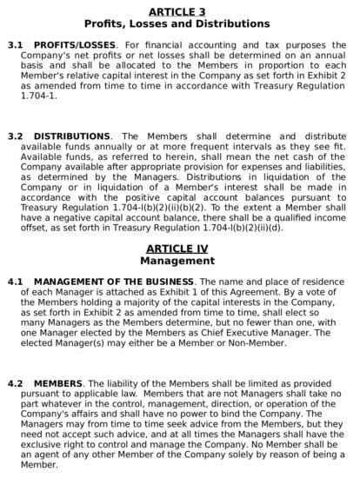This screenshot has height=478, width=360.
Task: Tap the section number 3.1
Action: click(x=14, y=43)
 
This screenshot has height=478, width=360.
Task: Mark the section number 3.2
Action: click(x=14, y=136)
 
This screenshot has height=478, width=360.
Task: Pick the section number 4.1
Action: click(x=14, y=282)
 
